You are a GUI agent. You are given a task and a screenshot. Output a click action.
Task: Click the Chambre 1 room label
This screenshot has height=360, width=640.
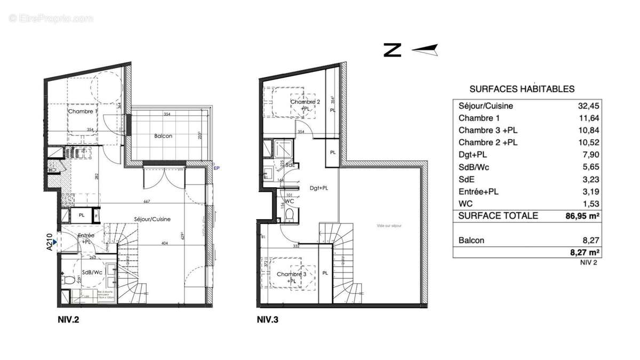83,111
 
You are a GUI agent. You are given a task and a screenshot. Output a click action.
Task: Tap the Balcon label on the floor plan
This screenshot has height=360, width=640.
163,136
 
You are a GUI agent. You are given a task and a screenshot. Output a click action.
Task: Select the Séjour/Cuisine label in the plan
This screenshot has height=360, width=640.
152,219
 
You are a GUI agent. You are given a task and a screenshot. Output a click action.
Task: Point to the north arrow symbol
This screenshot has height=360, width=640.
425,50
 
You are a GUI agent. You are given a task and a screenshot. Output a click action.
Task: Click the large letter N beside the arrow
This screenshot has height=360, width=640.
392,50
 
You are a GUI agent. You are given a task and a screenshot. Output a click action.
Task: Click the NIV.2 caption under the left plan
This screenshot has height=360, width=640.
69,320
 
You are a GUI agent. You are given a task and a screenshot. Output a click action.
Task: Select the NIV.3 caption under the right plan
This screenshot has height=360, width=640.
268,320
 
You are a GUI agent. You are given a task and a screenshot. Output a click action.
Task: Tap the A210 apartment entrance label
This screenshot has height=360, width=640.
50,241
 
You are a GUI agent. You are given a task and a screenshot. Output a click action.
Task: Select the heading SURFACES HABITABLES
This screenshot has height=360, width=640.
522,89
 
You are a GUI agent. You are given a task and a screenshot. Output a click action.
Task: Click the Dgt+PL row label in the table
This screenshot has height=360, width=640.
473,155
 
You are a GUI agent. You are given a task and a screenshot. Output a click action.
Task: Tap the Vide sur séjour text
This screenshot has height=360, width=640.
389,226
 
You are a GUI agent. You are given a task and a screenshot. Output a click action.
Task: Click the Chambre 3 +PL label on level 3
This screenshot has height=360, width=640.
291,277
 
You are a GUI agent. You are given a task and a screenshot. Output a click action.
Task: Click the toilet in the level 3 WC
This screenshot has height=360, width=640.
289,215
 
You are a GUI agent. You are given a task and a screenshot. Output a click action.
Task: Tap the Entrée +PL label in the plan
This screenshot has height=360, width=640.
86,238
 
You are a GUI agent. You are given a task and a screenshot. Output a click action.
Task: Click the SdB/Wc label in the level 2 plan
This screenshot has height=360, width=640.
93,272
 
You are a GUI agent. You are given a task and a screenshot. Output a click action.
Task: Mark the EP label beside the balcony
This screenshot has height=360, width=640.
217,169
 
